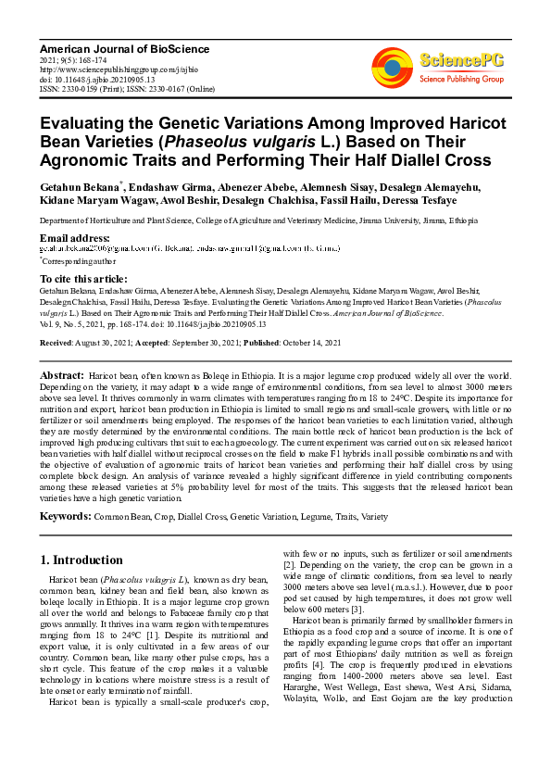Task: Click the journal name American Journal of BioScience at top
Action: tap(124, 48)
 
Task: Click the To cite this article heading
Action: tap(83, 279)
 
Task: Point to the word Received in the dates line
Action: tap(57, 342)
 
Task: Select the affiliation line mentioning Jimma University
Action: tap(258, 222)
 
